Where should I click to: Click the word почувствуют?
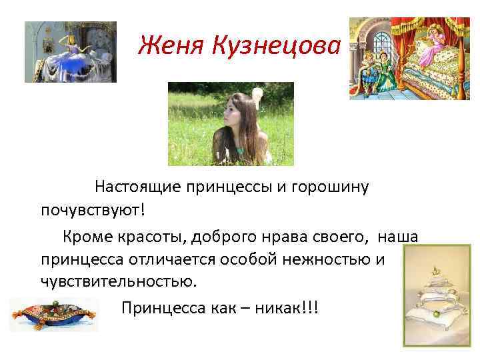point(91,211)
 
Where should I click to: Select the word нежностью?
point(324,258)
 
